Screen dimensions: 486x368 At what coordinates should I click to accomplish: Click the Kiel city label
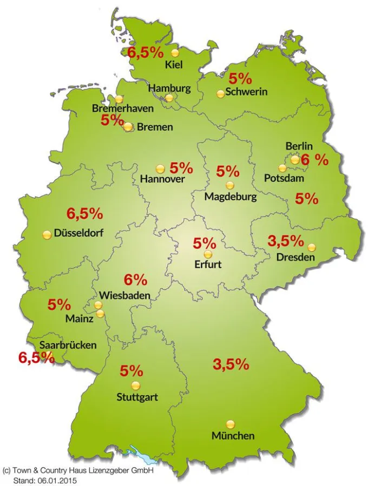click(x=174, y=65)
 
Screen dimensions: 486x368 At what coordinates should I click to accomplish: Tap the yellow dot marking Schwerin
click(x=220, y=94)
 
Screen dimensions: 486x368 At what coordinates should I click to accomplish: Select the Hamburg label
click(x=169, y=88)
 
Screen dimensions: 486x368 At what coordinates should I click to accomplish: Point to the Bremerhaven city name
click(x=122, y=109)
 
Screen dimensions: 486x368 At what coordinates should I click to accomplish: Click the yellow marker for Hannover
click(x=160, y=169)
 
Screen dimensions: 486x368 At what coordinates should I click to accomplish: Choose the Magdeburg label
click(x=230, y=197)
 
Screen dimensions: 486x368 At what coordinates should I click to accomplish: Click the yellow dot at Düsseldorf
click(x=47, y=234)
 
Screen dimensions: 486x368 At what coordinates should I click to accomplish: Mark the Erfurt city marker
click(x=208, y=254)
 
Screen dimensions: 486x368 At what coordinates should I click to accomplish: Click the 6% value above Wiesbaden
click(x=135, y=280)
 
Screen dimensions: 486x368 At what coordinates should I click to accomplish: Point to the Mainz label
click(x=79, y=319)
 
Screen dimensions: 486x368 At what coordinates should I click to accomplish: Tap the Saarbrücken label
click(x=68, y=345)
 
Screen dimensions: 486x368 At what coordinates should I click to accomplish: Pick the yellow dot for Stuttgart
click(x=135, y=385)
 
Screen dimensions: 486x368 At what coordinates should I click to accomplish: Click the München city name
click(x=233, y=436)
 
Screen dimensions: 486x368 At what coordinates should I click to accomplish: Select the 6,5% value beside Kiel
click(x=145, y=52)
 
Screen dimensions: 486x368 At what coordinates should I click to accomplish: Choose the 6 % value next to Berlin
click(x=314, y=160)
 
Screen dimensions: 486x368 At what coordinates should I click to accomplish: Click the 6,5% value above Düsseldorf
click(x=84, y=213)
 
